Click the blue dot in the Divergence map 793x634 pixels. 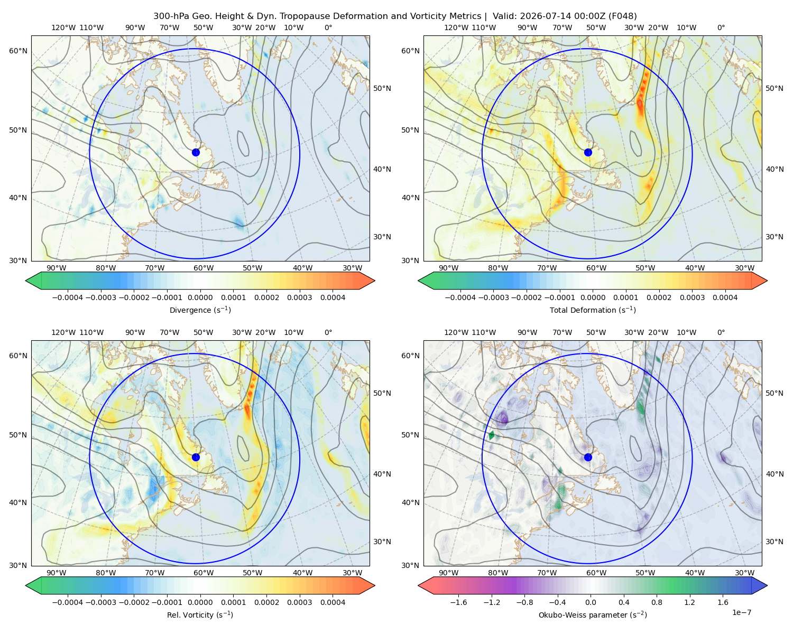point(196,152)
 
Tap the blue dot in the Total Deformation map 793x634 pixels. point(588,152)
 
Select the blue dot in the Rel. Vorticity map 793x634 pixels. point(196,457)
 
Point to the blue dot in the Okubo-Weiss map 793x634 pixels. point(588,457)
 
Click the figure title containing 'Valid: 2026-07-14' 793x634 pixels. point(395,16)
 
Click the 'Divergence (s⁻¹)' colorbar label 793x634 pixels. point(200,310)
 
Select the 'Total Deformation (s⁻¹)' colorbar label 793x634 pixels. point(593,310)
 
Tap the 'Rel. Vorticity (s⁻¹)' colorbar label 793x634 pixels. point(200,614)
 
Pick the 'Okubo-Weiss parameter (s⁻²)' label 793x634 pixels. point(593,614)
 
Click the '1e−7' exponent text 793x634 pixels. point(741,612)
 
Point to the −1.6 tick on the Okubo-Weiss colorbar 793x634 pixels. point(458,602)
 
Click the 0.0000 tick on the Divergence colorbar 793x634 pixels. point(200,297)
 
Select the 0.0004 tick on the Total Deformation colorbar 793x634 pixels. point(725,297)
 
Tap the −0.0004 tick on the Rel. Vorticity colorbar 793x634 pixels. point(68,602)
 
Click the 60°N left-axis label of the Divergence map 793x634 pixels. point(18,51)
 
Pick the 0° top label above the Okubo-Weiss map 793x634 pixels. point(721,332)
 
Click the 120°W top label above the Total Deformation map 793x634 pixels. point(456,27)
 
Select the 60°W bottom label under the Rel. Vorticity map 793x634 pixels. point(204,573)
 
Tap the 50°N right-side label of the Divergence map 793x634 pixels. point(382,88)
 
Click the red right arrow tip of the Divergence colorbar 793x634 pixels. point(374,281)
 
